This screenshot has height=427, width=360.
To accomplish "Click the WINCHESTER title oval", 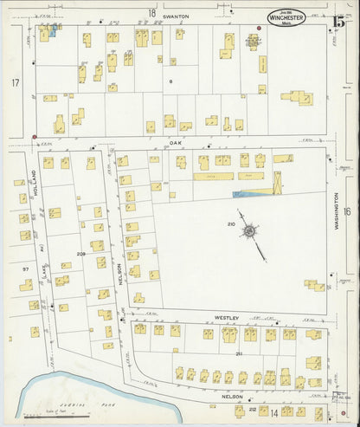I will [x=285, y=16].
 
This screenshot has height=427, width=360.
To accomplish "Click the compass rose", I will [x=250, y=230].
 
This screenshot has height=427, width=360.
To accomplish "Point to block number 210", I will [x=231, y=224].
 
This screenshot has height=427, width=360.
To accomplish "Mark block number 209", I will [x=81, y=254].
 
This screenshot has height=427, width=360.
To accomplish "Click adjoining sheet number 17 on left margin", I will [x=15, y=82].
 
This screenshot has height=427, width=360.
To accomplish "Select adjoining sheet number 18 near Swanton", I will [x=151, y=13].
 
